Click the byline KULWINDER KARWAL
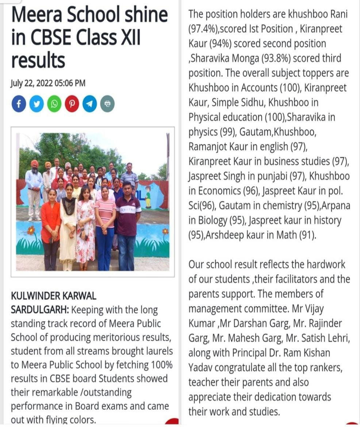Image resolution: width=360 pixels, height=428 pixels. click(x=54, y=295)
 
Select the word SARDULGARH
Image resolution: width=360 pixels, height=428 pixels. click(x=39, y=310)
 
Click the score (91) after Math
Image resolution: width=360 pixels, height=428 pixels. click(x=307, y=235)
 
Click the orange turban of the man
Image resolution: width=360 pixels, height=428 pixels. click(x=35, y=163)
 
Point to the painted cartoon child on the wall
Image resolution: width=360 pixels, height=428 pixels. click(x=148, y=195)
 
